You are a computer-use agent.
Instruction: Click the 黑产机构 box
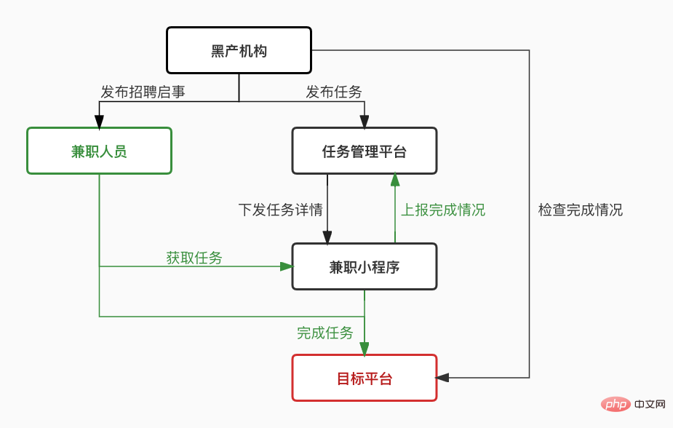coord(239,51)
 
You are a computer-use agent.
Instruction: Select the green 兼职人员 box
coord(99,151)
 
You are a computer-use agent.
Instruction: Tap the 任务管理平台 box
coord(364,151)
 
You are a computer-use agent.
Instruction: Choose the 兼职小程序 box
coord(364,267)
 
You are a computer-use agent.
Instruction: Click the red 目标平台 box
coord(364,379)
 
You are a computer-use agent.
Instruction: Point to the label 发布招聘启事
coord(143,92)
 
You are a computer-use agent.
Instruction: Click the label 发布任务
coord(333,92)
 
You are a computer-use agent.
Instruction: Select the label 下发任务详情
coord(280,210)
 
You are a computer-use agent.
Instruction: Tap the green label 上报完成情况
coord(443,210)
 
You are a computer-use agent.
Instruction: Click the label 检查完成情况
coord(580,210)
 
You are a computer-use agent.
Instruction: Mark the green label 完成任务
coord(324,333)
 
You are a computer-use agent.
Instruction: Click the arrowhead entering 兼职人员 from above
coord(99,122)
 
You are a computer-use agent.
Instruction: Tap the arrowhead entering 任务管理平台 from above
coord(364,122)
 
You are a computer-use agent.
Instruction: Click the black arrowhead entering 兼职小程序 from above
coord(327,237)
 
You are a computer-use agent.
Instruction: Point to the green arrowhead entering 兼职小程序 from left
coord(286,266)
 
